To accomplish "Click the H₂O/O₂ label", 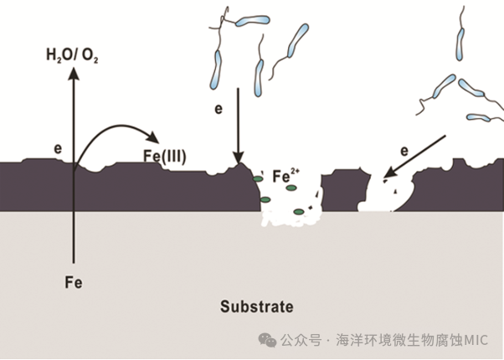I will click(72, 57).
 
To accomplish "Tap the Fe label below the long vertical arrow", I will click(73, 282).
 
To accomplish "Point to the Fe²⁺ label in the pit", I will click(285, 176).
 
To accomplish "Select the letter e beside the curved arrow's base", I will click(58, 149).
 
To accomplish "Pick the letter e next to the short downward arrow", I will click(219, 110).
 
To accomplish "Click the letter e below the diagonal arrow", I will click(404, 152).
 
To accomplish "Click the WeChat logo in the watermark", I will click(267, 339).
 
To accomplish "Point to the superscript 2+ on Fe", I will click(293, 172).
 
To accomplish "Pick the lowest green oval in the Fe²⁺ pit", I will click(297, 220).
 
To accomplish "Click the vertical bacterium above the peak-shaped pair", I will click(460, 39).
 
